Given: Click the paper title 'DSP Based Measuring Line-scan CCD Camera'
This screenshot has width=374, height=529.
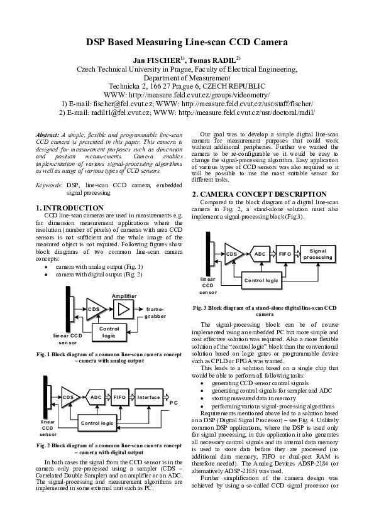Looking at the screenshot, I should coord(187,42).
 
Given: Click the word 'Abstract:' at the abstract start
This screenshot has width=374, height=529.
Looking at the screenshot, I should coord(47,135).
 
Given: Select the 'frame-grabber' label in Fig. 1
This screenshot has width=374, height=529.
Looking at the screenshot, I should coord(155,314).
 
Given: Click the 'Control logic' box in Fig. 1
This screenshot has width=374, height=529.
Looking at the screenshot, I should coord(109,332).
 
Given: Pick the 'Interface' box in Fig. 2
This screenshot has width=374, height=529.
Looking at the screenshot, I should coord(148,397).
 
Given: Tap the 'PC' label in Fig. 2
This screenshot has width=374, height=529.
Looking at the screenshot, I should coord(174,401).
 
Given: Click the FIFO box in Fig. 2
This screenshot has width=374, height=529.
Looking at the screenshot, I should coord(119,397).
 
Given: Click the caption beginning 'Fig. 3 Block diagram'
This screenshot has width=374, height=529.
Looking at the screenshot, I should coord(265,311).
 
